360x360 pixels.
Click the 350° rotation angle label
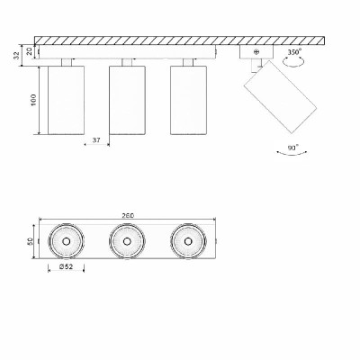pos(294,52)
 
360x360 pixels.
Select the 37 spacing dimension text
pos(96,139)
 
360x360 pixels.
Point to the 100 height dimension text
pos(33,100)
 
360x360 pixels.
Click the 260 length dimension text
pos(128,215)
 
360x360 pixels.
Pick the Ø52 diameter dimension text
pos(67,266)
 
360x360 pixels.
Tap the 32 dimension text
pos(17,55)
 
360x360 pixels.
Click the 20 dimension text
pos(30,51)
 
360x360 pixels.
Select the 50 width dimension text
pos(30,241)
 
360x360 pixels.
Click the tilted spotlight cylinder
pos(280,96)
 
